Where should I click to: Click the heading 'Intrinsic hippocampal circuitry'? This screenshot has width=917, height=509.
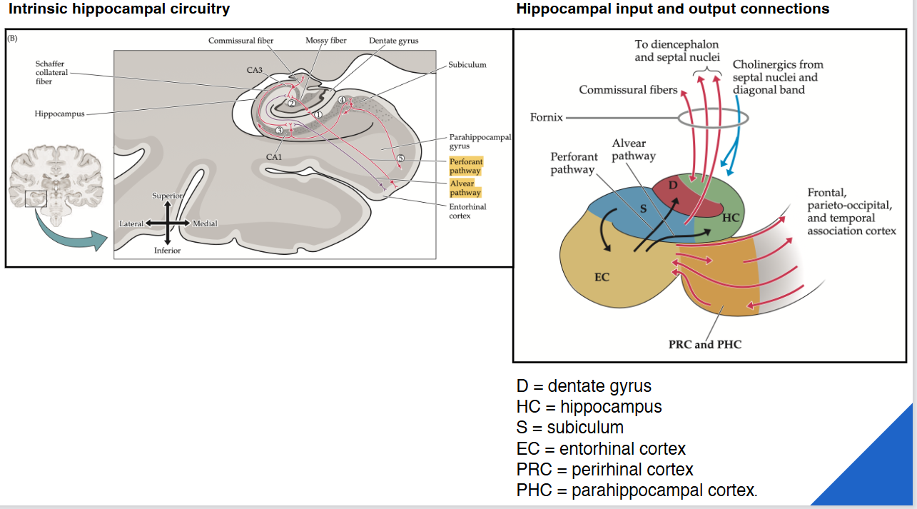(x=119, y=9)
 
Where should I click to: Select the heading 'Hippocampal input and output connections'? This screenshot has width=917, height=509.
(x=672, y=9)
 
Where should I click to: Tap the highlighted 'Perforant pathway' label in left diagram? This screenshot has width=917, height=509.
(x=465, y=166)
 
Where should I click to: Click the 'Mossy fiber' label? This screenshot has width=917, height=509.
(x=326, y=41)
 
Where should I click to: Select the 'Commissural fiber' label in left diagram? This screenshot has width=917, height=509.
(x=240, y=41)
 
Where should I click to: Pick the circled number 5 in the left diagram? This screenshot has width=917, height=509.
(x=400, y=158)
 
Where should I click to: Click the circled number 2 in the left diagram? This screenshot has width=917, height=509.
(x=292, y=104)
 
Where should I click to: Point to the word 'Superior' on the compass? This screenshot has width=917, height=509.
(x=167, y=196)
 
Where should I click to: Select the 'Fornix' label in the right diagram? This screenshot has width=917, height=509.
(x=546, y=117)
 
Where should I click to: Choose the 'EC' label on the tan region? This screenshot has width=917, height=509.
(x=602, y=277)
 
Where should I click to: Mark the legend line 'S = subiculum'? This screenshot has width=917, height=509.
(x=569, y=428)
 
